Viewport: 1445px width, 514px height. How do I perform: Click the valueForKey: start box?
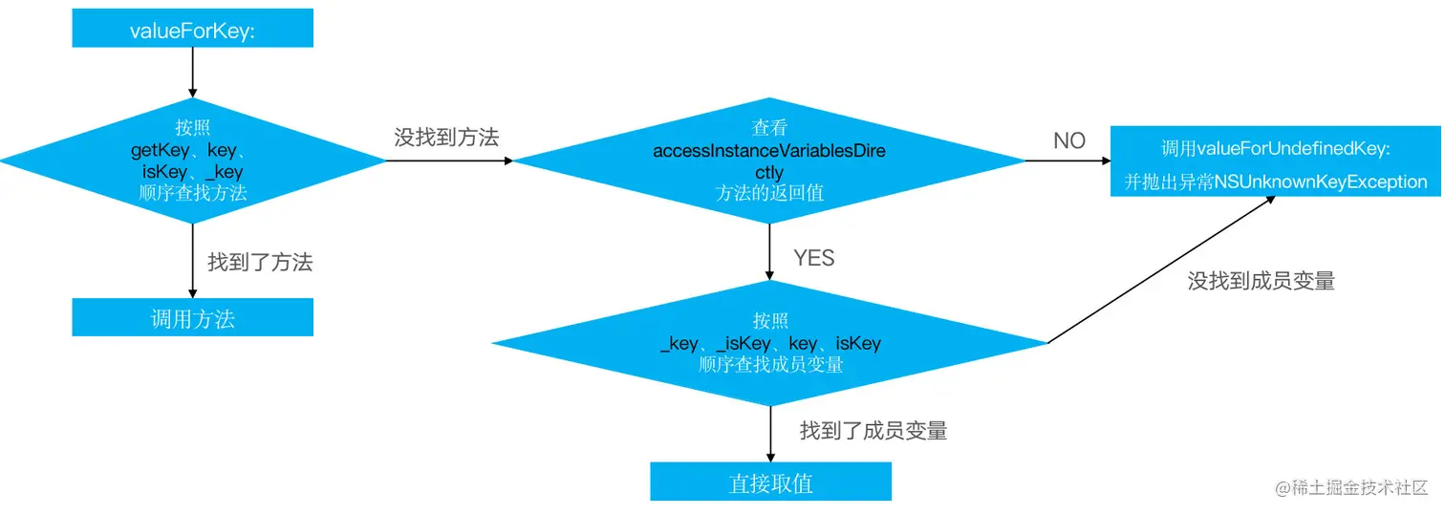point(192,30)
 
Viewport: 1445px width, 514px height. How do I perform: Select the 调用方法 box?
point(192,317)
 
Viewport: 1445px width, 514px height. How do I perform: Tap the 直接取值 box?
point(770,482)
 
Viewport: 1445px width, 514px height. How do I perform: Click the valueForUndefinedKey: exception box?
point(1275,163)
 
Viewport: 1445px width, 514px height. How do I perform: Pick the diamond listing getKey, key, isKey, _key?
point(192,161)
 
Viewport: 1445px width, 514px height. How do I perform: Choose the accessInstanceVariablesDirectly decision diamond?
point(770,161)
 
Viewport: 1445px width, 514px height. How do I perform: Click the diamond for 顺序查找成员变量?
point(770,342)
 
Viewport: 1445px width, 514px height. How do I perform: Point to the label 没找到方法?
point(446,137)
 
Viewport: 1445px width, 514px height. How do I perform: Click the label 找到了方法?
point(260,261)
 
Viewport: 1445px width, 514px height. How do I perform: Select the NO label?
point(1069,140)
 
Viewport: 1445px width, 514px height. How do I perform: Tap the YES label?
point(813,258)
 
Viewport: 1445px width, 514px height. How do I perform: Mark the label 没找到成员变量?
point(1261,280)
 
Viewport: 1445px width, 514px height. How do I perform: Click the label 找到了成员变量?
point(873,430)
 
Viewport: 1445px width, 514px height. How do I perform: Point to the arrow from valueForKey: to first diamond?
point(192,72)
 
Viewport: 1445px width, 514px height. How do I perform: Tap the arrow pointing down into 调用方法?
point(192,261)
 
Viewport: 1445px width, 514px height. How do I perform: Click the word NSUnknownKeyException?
point(1321,182)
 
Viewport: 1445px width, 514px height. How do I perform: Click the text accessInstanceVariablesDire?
point(770,151)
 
